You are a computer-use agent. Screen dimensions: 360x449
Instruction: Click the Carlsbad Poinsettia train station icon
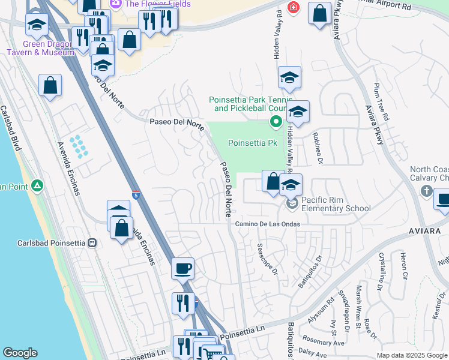pos(92,243)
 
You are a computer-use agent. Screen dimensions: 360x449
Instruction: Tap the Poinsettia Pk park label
pos(252,143)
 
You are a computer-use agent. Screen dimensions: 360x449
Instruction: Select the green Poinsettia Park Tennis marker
pos(276,122)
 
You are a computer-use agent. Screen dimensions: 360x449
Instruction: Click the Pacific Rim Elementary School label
pos(336,204)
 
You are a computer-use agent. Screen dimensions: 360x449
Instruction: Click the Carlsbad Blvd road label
pos(11,128)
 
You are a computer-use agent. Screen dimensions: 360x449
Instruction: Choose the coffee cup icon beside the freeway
pos(182,268)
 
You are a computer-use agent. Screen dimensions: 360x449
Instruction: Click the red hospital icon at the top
pos(292,8)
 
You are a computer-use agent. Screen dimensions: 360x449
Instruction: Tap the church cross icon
pos(426,191)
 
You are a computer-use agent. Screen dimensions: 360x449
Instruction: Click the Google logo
pos(20,352)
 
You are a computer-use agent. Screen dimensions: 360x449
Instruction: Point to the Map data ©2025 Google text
pos(411,355)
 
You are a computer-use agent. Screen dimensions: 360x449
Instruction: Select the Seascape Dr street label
pos(268,259)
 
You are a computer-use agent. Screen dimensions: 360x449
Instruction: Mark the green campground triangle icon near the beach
pos(37,186)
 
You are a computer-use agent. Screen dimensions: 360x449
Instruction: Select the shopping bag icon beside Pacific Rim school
pos(273,181)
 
